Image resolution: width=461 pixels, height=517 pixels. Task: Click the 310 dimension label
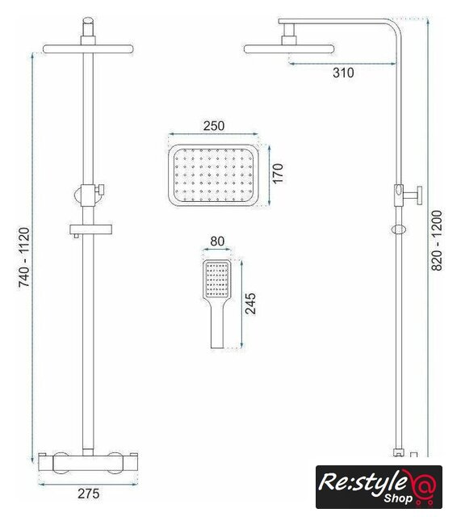pyautogui.click(x=343, y=73)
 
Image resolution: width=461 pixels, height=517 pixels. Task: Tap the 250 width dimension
pyautogui.click(x=214, y=126)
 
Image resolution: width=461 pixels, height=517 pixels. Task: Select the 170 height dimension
pyautogui.click(x=278, y=173)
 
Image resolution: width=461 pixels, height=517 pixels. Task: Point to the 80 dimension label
pyautogui.click(x=217, y=242)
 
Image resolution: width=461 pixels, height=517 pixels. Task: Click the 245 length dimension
pyautogui.click(x=251, y=304)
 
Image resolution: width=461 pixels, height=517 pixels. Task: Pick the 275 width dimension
pyautogui.click(x=89, y=494)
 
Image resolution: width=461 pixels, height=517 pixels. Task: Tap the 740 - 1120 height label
pyautogui.click(x=24, y=257)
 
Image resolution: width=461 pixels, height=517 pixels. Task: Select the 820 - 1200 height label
pyautogui.click(x=437, y=241)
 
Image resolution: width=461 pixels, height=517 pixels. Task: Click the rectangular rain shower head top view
pyautogui.click(x=213, y=175)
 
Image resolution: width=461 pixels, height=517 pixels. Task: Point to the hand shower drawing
pyautogui.click(x=217, y=304)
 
